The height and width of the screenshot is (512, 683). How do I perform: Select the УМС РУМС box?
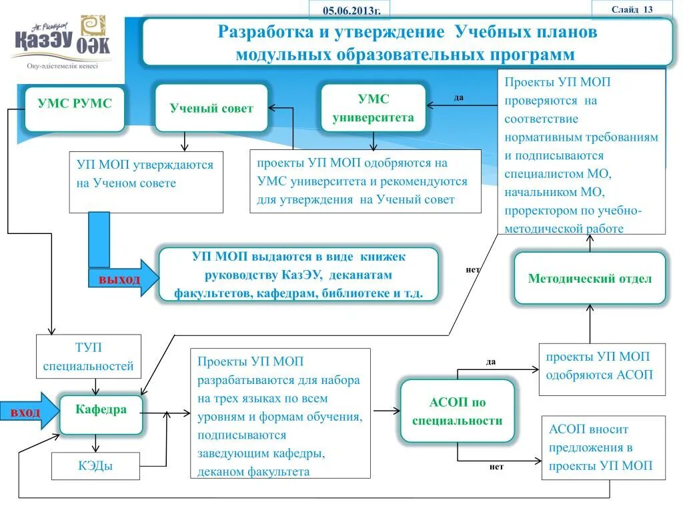point(75,109)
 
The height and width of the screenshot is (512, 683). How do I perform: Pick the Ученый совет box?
point(211,108)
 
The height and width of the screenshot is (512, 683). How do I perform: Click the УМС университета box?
point(373,108)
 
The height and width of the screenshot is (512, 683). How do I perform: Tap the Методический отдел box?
point(590,279)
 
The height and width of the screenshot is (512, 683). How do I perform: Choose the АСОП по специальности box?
point(457,411)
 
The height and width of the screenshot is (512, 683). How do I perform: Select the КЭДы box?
point(96,466)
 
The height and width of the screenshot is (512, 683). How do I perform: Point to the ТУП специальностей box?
point(88,357)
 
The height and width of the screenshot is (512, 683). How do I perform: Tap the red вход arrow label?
point(25,413)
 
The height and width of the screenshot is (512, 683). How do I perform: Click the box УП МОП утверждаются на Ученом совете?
point(145,181)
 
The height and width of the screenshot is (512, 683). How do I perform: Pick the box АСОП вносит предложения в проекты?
point(602,447)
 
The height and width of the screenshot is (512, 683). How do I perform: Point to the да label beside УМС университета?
point(459,97)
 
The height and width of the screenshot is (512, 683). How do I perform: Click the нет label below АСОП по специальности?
point(496,467)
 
